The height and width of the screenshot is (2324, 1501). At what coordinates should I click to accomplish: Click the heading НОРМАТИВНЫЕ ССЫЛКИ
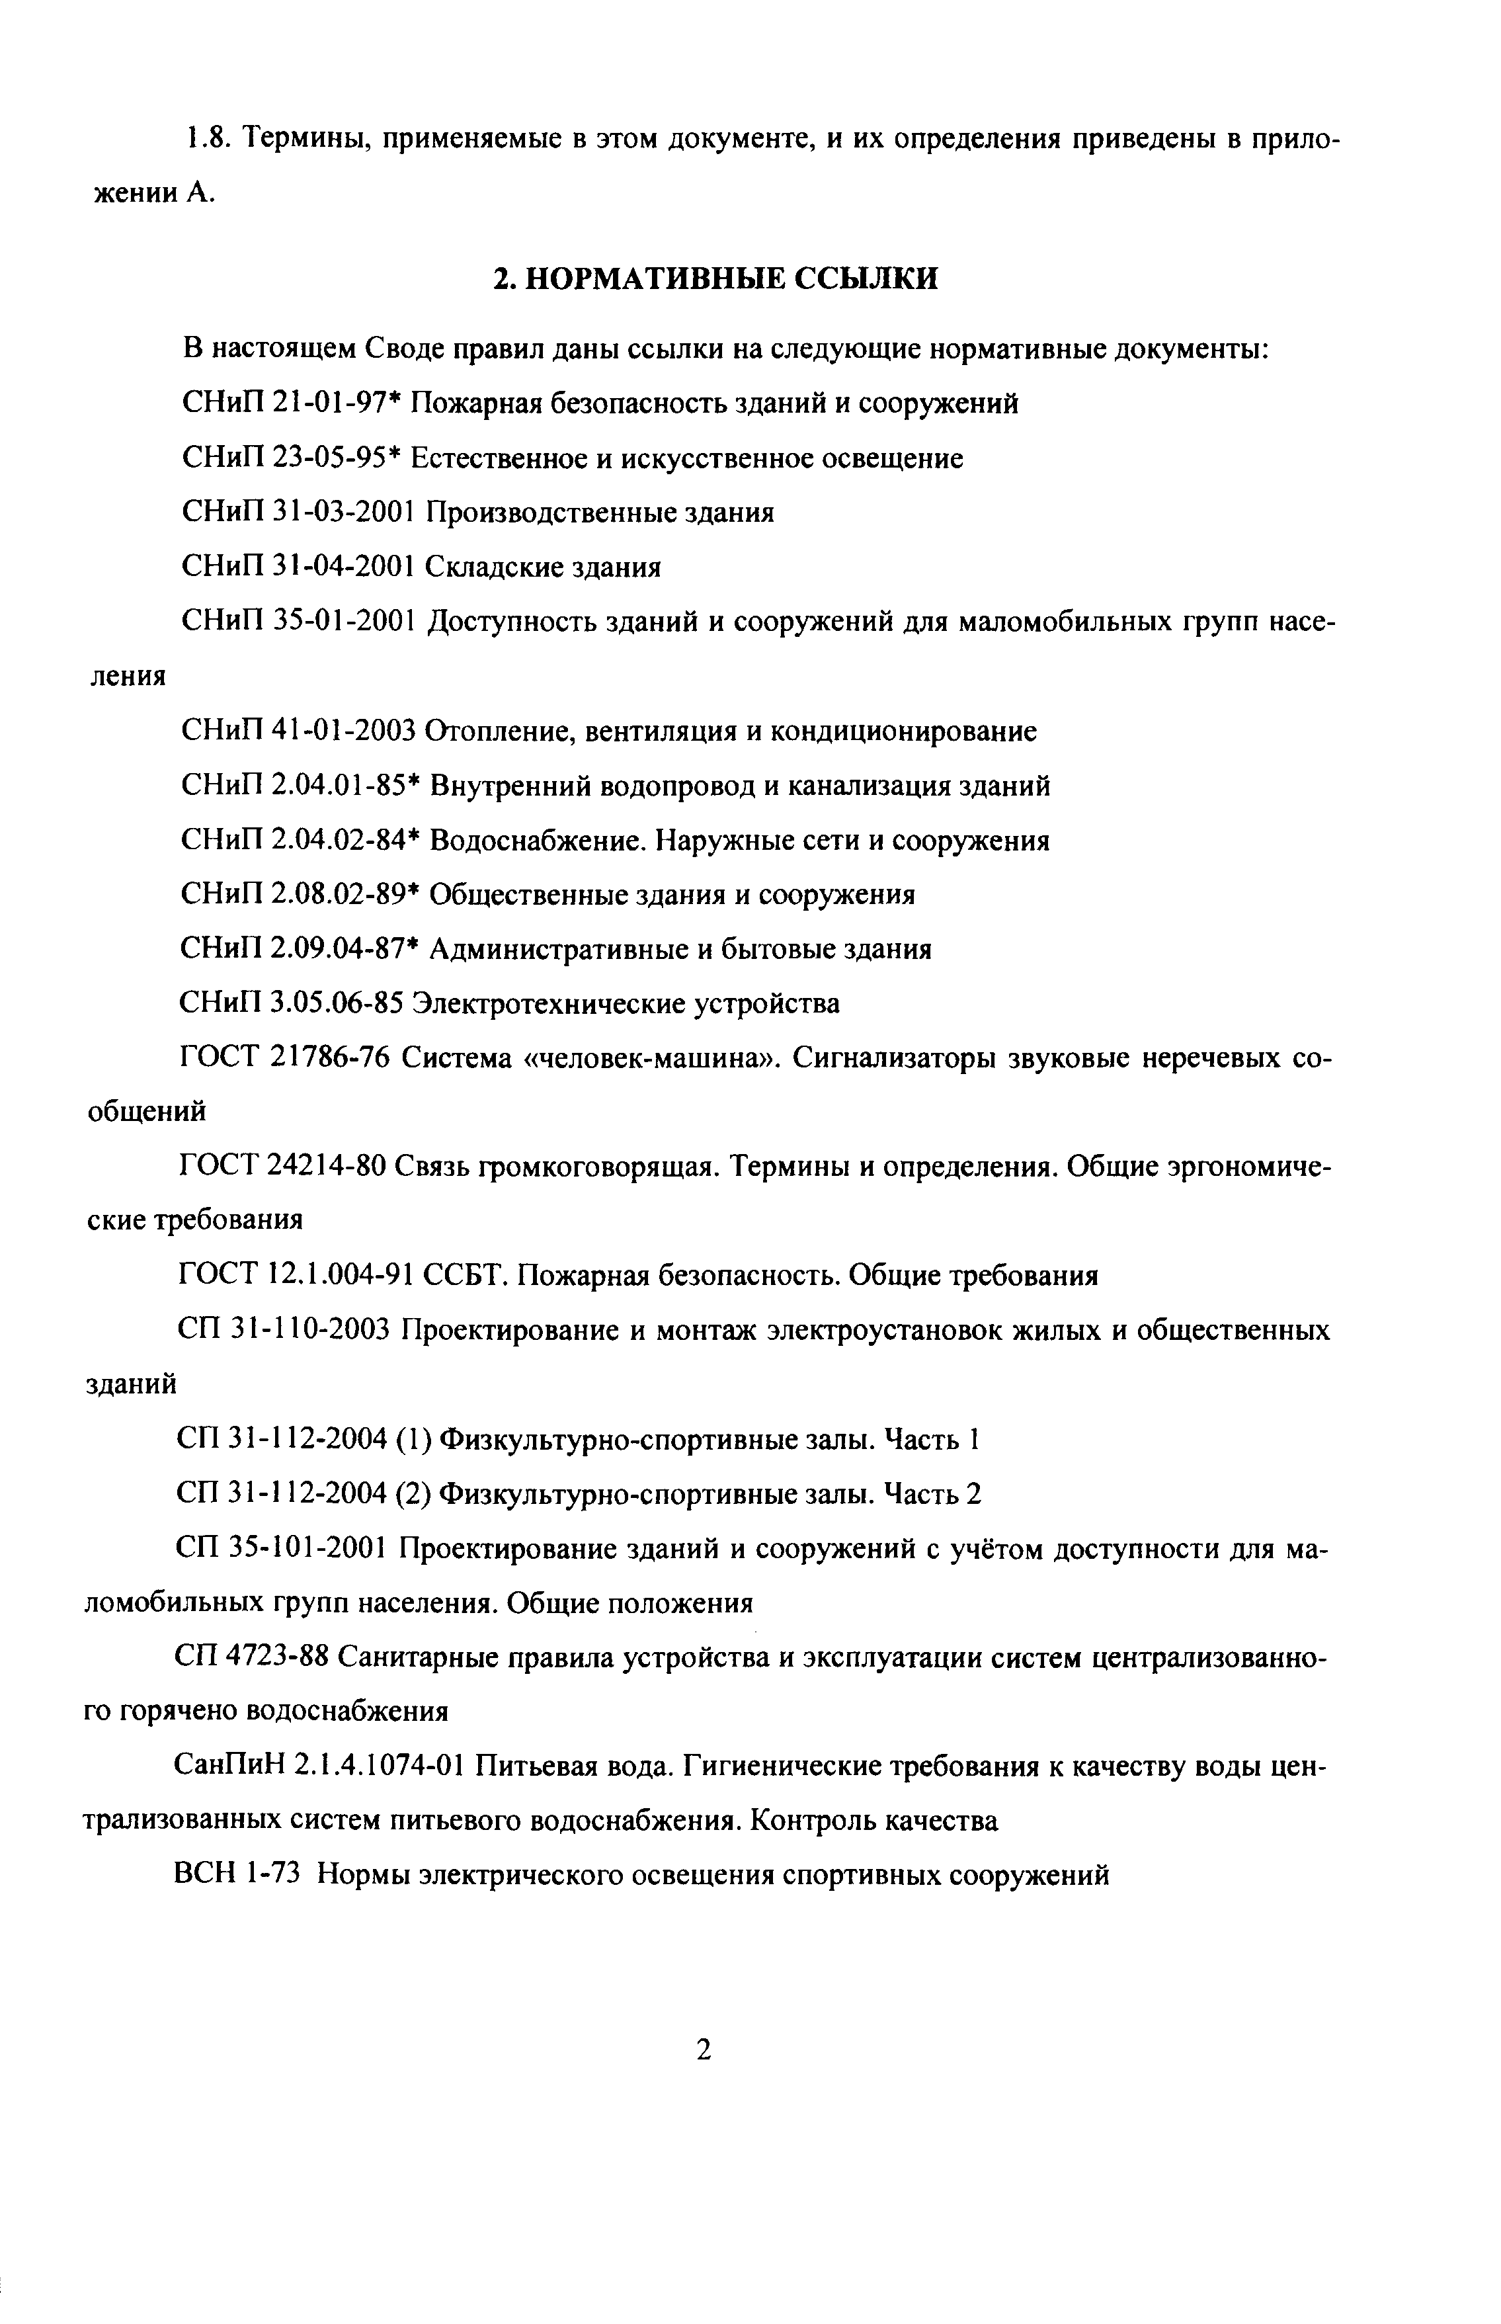coord(714,280)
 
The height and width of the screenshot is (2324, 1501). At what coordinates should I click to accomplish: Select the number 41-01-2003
coord(345,730)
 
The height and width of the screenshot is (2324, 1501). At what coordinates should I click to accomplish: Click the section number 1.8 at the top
coord(206,140)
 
